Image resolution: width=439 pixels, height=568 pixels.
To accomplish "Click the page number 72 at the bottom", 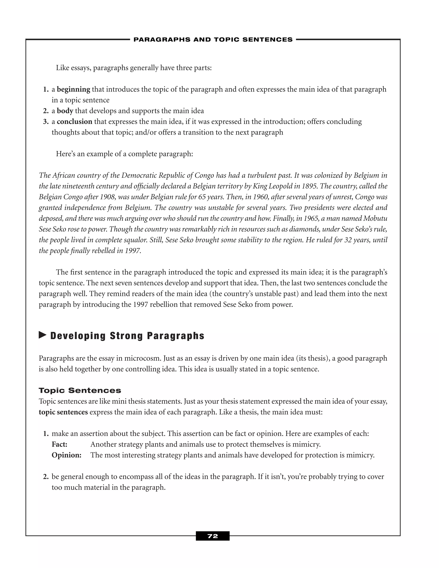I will [x=212, y=536].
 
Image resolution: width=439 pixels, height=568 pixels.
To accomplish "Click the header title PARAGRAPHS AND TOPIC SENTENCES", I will [x=213, y=39].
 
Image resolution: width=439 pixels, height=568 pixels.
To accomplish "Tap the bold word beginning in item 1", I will [x=73, y=89].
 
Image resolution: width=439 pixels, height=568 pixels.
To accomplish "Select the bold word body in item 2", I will [x=65, y=111].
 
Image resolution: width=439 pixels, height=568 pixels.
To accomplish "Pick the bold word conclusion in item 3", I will [x=74, y=122].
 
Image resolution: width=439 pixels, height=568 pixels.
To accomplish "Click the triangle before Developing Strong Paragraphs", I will [x=42, y=335].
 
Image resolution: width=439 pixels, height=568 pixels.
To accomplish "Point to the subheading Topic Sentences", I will [x=80, y=390].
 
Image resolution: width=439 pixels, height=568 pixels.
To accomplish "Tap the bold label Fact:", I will [x=60, y=445].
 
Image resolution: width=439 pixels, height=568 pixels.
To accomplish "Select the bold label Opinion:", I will [x=67, y=455].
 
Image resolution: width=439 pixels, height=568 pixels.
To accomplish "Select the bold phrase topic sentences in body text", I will [x=63, y=412].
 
